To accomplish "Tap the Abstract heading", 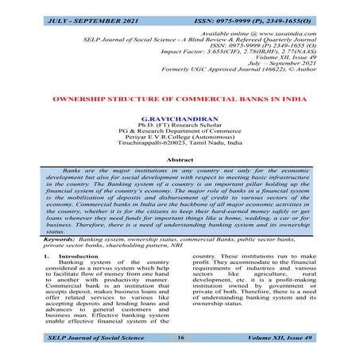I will point(180,160).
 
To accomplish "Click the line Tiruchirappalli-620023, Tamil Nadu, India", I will point(180,147).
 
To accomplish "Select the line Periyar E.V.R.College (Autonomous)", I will point(180,140).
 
